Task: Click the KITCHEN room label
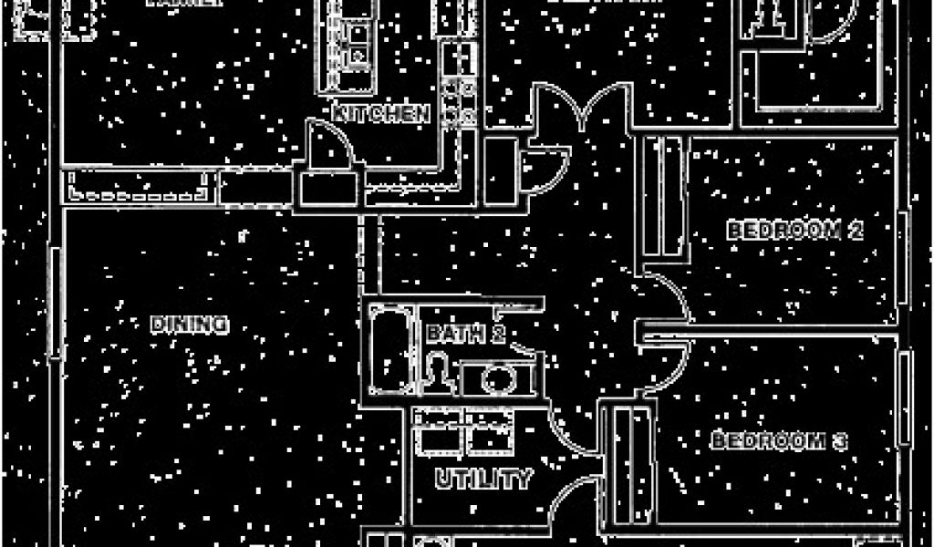(380, 114)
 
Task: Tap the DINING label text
(189, 324)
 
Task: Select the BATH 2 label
(465, 335)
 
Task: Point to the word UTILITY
(483, 478)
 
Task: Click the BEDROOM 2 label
(794, 230)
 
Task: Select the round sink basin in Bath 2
(497, 377)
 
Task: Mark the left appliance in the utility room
(439, 433)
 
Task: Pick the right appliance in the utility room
(491, 433)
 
